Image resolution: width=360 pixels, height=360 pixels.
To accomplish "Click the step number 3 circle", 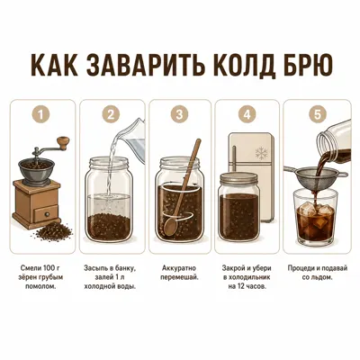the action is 179,114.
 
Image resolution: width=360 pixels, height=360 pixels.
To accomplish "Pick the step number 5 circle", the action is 318,114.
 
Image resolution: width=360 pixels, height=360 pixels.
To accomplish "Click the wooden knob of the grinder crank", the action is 64,142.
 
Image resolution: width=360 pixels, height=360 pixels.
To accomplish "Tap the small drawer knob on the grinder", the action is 47,214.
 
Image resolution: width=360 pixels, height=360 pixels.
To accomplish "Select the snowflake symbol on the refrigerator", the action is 261,153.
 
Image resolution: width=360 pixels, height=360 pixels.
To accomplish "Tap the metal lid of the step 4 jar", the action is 238,179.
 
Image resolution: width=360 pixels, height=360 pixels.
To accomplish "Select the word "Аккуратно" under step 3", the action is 179,268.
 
